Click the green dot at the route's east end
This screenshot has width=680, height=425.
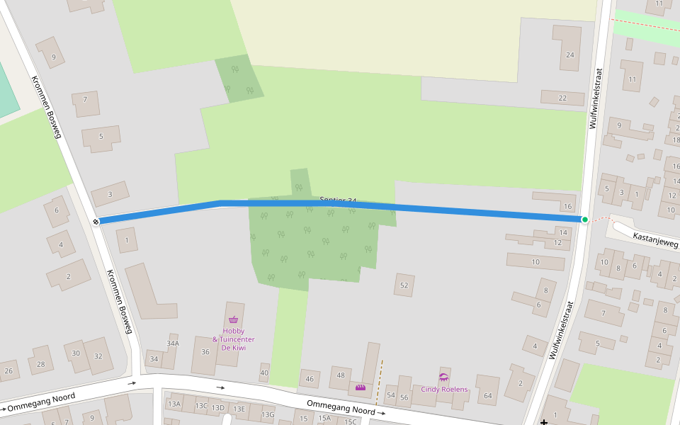[585, 220]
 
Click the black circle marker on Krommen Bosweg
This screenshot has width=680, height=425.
[96, 222]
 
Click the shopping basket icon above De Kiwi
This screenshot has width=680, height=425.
[233, 319]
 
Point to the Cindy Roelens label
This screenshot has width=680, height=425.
[445, 390]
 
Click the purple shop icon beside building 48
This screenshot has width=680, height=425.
[361, 387]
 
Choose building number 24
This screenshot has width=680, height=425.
[570, 55]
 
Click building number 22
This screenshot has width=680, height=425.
[562, 98]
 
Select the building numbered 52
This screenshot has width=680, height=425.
[404, 285]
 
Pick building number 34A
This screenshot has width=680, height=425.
[173, 343]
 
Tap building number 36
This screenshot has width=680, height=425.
[205, 351]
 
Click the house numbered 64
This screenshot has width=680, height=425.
[487, 395]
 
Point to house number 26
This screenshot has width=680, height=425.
[8, 370]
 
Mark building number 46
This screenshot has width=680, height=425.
[310, 380]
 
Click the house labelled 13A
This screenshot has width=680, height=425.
[174, 404]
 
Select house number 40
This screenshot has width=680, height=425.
[264, 373]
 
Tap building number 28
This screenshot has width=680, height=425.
[41, 365]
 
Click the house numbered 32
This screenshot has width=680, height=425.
[98, 356]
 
